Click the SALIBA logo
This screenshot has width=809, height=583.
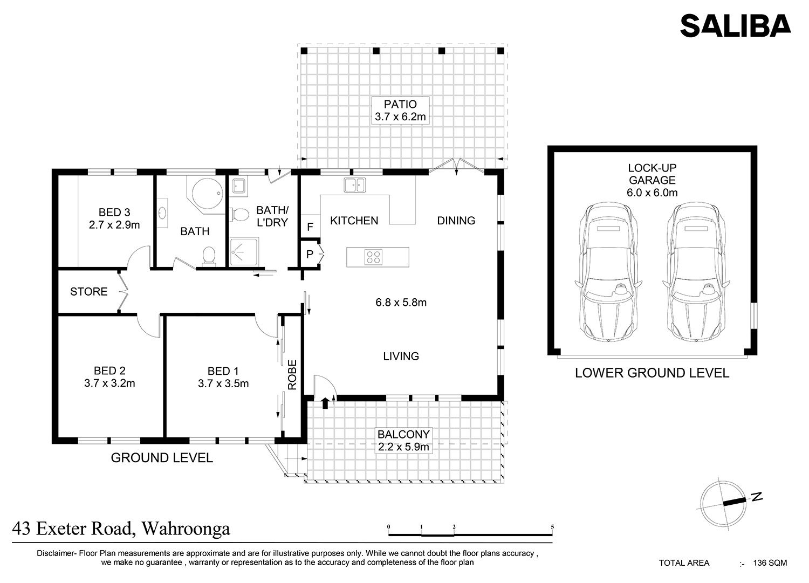(x=735, y=26)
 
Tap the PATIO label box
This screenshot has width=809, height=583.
(x=400, y=110)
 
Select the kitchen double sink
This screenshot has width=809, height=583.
(x=355, y=186)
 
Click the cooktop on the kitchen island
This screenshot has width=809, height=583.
(x=373, y=257)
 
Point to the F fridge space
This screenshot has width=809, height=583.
(x=310, y=227)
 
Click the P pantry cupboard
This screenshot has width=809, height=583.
(x=310, y=255)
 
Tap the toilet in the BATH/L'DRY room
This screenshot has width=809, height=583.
(x=239, y=215)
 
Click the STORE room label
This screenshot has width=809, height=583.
(x=88, y=291)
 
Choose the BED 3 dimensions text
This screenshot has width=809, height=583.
(x=114, y=225)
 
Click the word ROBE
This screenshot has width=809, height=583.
(x=292, y=375)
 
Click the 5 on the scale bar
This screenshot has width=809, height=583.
(x=552, y=527)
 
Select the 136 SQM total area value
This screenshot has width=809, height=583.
(x=770, y=563)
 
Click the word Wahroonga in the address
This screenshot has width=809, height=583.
(x=186, y=529)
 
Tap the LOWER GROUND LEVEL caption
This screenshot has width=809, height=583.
(x=652, y=373)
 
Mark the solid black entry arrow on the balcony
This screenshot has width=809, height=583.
(x=325, y=403)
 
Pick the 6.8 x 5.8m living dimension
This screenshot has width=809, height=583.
(x=401, y=303)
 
